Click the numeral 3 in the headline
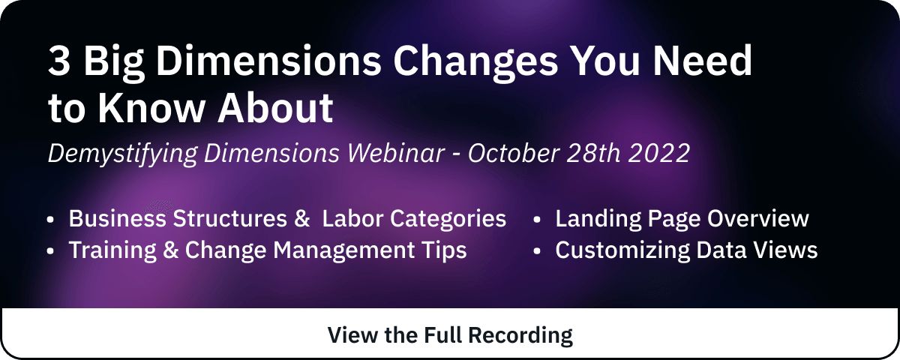coord(59,60)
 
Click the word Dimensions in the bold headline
coord(268,60)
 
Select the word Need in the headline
coord(702,60)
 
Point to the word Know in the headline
coord(151,108)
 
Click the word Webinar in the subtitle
coord(396,153)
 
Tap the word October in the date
coord(514,153)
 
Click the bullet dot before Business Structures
coord(50,219)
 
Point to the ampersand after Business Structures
coord(302,219)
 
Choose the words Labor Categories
coord(414,220)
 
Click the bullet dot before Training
coord(50,251)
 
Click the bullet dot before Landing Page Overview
coord(537,219)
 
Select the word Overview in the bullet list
coord(757,219)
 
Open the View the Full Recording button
coord(450,334)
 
